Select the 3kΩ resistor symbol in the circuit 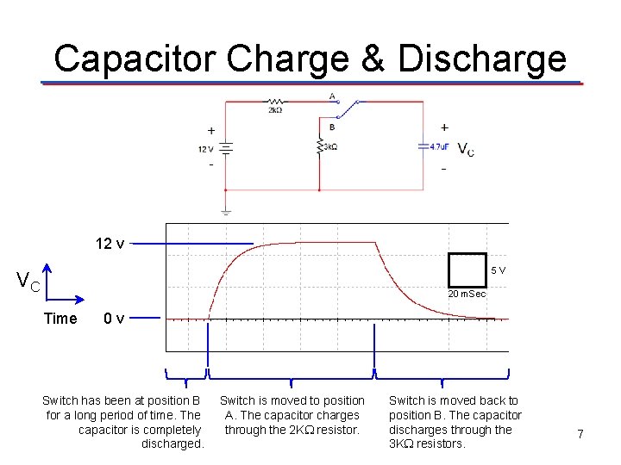click(320, 146)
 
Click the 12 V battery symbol click(226, 149)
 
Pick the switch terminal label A click(332, 96)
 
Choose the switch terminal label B click(332, 127)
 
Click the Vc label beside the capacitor click(465, 150)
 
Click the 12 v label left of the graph click(110, 244)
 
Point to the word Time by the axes click(60, 319)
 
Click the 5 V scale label click(498, 270)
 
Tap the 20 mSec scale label click(467, 294)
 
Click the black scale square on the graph click(467, 270)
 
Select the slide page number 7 click(580, 435)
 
